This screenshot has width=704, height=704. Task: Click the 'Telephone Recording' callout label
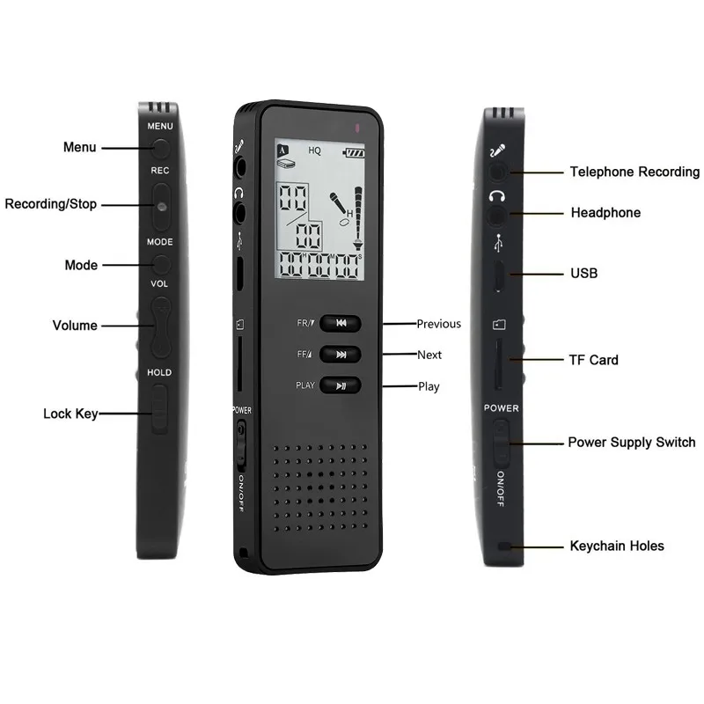click(634, 172)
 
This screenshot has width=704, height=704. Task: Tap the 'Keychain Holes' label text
click(617, 546)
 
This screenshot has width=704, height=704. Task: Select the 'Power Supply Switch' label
click(632, 443)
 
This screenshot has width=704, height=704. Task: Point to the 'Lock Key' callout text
click(70, 414)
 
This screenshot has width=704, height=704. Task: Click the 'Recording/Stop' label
click(51, 204)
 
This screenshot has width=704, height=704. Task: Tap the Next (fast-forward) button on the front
click(341, 355)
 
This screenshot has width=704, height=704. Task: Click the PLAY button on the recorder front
click(341, 385)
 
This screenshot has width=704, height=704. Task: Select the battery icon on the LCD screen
click(354, 153)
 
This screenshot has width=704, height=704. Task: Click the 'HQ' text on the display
click(314, 150)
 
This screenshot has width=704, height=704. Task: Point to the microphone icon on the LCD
click(338, 203)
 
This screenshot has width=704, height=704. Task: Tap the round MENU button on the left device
click(161, 148)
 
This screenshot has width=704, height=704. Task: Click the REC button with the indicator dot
click(161, 206)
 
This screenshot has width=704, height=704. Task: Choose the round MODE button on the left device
click(161, 265)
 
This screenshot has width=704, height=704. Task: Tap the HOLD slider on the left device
click(159, 409)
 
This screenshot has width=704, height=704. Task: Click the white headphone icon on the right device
click(497, 195)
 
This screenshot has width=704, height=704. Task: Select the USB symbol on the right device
click(498, 243)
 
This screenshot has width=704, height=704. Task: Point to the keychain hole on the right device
click(504, 546)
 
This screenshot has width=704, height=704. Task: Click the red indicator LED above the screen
click(357, 128)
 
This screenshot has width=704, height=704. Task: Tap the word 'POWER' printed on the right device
click(501, 408)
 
